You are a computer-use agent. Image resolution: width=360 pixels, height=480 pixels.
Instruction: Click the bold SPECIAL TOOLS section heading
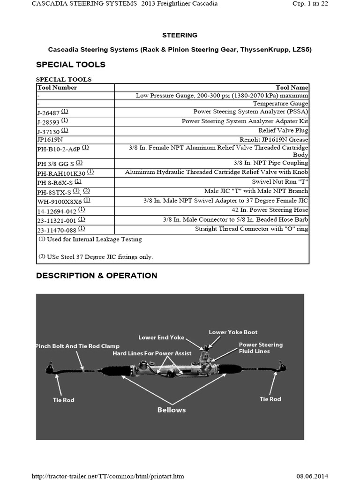point(71,65)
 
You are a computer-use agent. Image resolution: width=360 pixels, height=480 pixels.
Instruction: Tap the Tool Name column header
point(292,88)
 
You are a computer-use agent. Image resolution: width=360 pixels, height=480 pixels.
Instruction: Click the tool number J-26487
point(49,112)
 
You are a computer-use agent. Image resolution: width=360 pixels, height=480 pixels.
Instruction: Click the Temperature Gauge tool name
point(280,104)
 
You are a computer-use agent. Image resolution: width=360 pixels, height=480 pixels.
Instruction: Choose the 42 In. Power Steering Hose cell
point(267,210)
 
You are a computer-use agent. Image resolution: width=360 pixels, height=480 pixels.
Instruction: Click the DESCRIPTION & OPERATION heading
point(97,276)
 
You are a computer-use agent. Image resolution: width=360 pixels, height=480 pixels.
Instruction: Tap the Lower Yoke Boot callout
point(233,332)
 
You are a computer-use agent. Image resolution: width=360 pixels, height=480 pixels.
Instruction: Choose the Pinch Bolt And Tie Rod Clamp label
point(78,346)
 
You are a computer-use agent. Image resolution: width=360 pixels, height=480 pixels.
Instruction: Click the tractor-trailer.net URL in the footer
point(107,476)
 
